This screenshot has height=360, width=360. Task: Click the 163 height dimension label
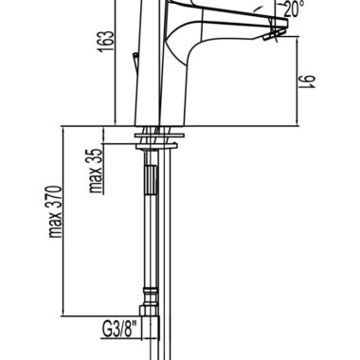pyautogui.click(x=106, y=42)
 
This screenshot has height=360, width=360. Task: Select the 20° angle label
pyautogui.click(x=294, y=9)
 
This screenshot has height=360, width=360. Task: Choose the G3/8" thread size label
pyautogui.click(x=121, y=329)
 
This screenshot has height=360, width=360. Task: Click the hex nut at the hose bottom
pyautogui.click(x=149, y=311)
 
